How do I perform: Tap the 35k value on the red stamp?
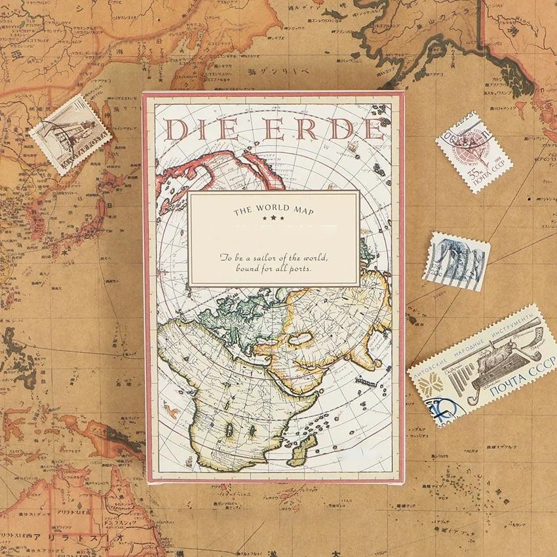[x=473, y=174]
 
